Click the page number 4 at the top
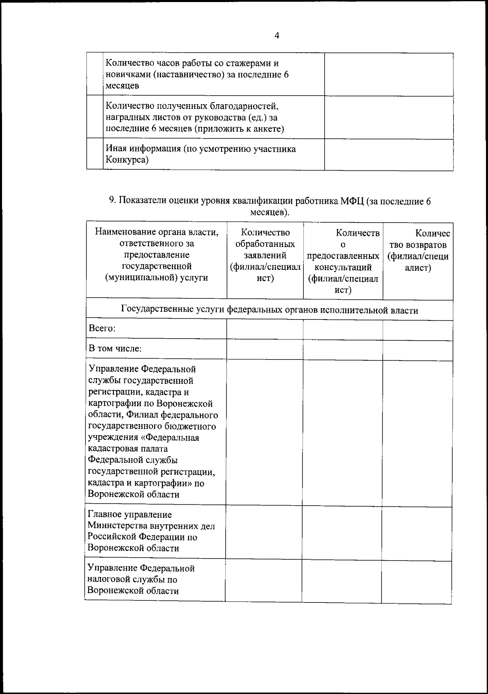tap(277, 35)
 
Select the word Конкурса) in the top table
tap(127, 160)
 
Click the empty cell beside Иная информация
tap(388, 154)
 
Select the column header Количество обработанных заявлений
tap(265, 255)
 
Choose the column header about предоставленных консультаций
tap(343, 261)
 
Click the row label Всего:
tap(102, 329)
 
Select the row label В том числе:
tap(115, 349)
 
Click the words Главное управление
tap(130, 514)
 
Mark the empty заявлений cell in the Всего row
tap(265, 329)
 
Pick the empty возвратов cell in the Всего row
tap(417, 330)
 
